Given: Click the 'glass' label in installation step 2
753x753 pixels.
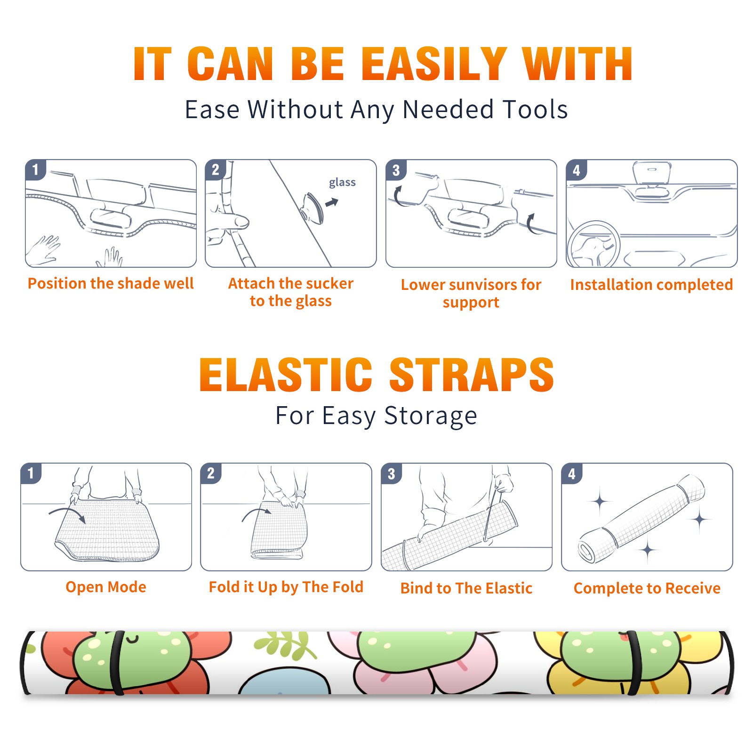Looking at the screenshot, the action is pyautogui.click(x=342, y=183).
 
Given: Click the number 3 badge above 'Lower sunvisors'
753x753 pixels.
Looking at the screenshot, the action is pyautogui.click(x=396, y=170).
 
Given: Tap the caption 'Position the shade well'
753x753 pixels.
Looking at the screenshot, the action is pyautogui.click(x=111, y=283).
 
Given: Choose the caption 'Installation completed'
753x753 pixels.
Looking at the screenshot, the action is pyautogui.click(x=651, y=285).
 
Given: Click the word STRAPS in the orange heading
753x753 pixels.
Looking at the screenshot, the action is pyautogui.click(x=472, y=375).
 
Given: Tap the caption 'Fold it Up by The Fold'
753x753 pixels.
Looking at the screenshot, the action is pyautogui.click(x=286, y=587).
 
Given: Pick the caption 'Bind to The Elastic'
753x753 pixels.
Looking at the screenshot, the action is pyautogui.click(x=466, y=588).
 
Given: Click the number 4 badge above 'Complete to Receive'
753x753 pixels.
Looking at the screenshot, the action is pyautogui.click(x=572, y=473).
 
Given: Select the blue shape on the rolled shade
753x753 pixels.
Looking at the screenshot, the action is pyautogui.click(x=284, y=682).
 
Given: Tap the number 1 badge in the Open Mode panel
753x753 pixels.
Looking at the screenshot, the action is pyautogui.click(x=31, y=473).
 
